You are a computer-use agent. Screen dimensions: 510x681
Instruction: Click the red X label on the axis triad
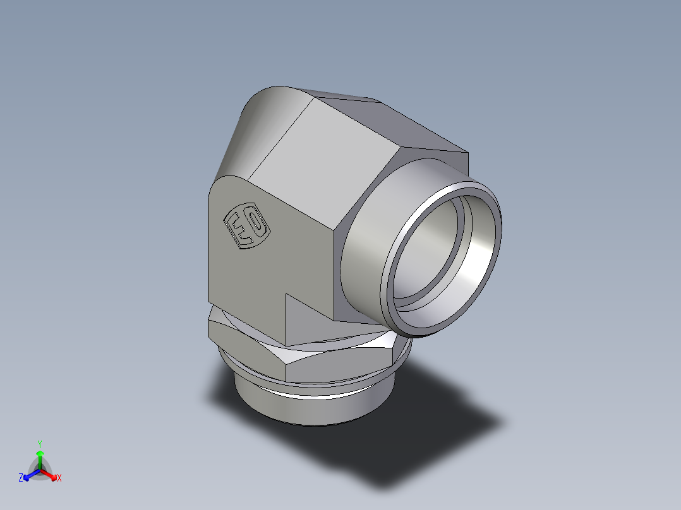[59, 478]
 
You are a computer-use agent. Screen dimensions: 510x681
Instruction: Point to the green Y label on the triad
[39, 444]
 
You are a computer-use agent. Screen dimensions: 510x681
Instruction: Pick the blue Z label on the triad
[21, 478]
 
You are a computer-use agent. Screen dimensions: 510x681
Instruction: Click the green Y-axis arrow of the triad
[39, 458]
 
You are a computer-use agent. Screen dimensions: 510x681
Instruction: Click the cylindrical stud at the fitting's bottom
[310, 407]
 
